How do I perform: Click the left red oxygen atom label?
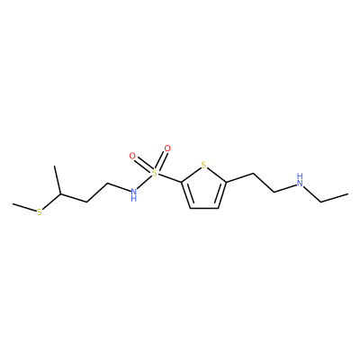click(132, 156)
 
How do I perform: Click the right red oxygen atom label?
click(167, 148)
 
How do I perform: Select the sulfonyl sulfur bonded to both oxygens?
click(154, 173)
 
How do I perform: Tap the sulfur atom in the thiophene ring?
click(203, 165)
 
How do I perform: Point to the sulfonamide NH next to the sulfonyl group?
click(134, 193)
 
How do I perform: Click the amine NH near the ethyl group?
click(300, 179)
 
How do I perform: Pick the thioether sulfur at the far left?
click(40, 212)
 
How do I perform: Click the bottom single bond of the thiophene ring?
click(204, 208)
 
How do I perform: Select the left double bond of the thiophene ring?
click(187, 195)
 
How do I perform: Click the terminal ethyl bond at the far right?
click(335, 198)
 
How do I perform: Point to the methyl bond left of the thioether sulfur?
click(24, 208)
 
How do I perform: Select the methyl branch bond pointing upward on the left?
click(58, 180)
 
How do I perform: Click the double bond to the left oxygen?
click(143, 165)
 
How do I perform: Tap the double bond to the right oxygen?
click(161, 160)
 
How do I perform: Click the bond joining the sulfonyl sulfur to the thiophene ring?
click(169, 178)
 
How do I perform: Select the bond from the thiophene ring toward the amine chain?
click(240, 177)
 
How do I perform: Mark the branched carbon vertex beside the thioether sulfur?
click(60, 194)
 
